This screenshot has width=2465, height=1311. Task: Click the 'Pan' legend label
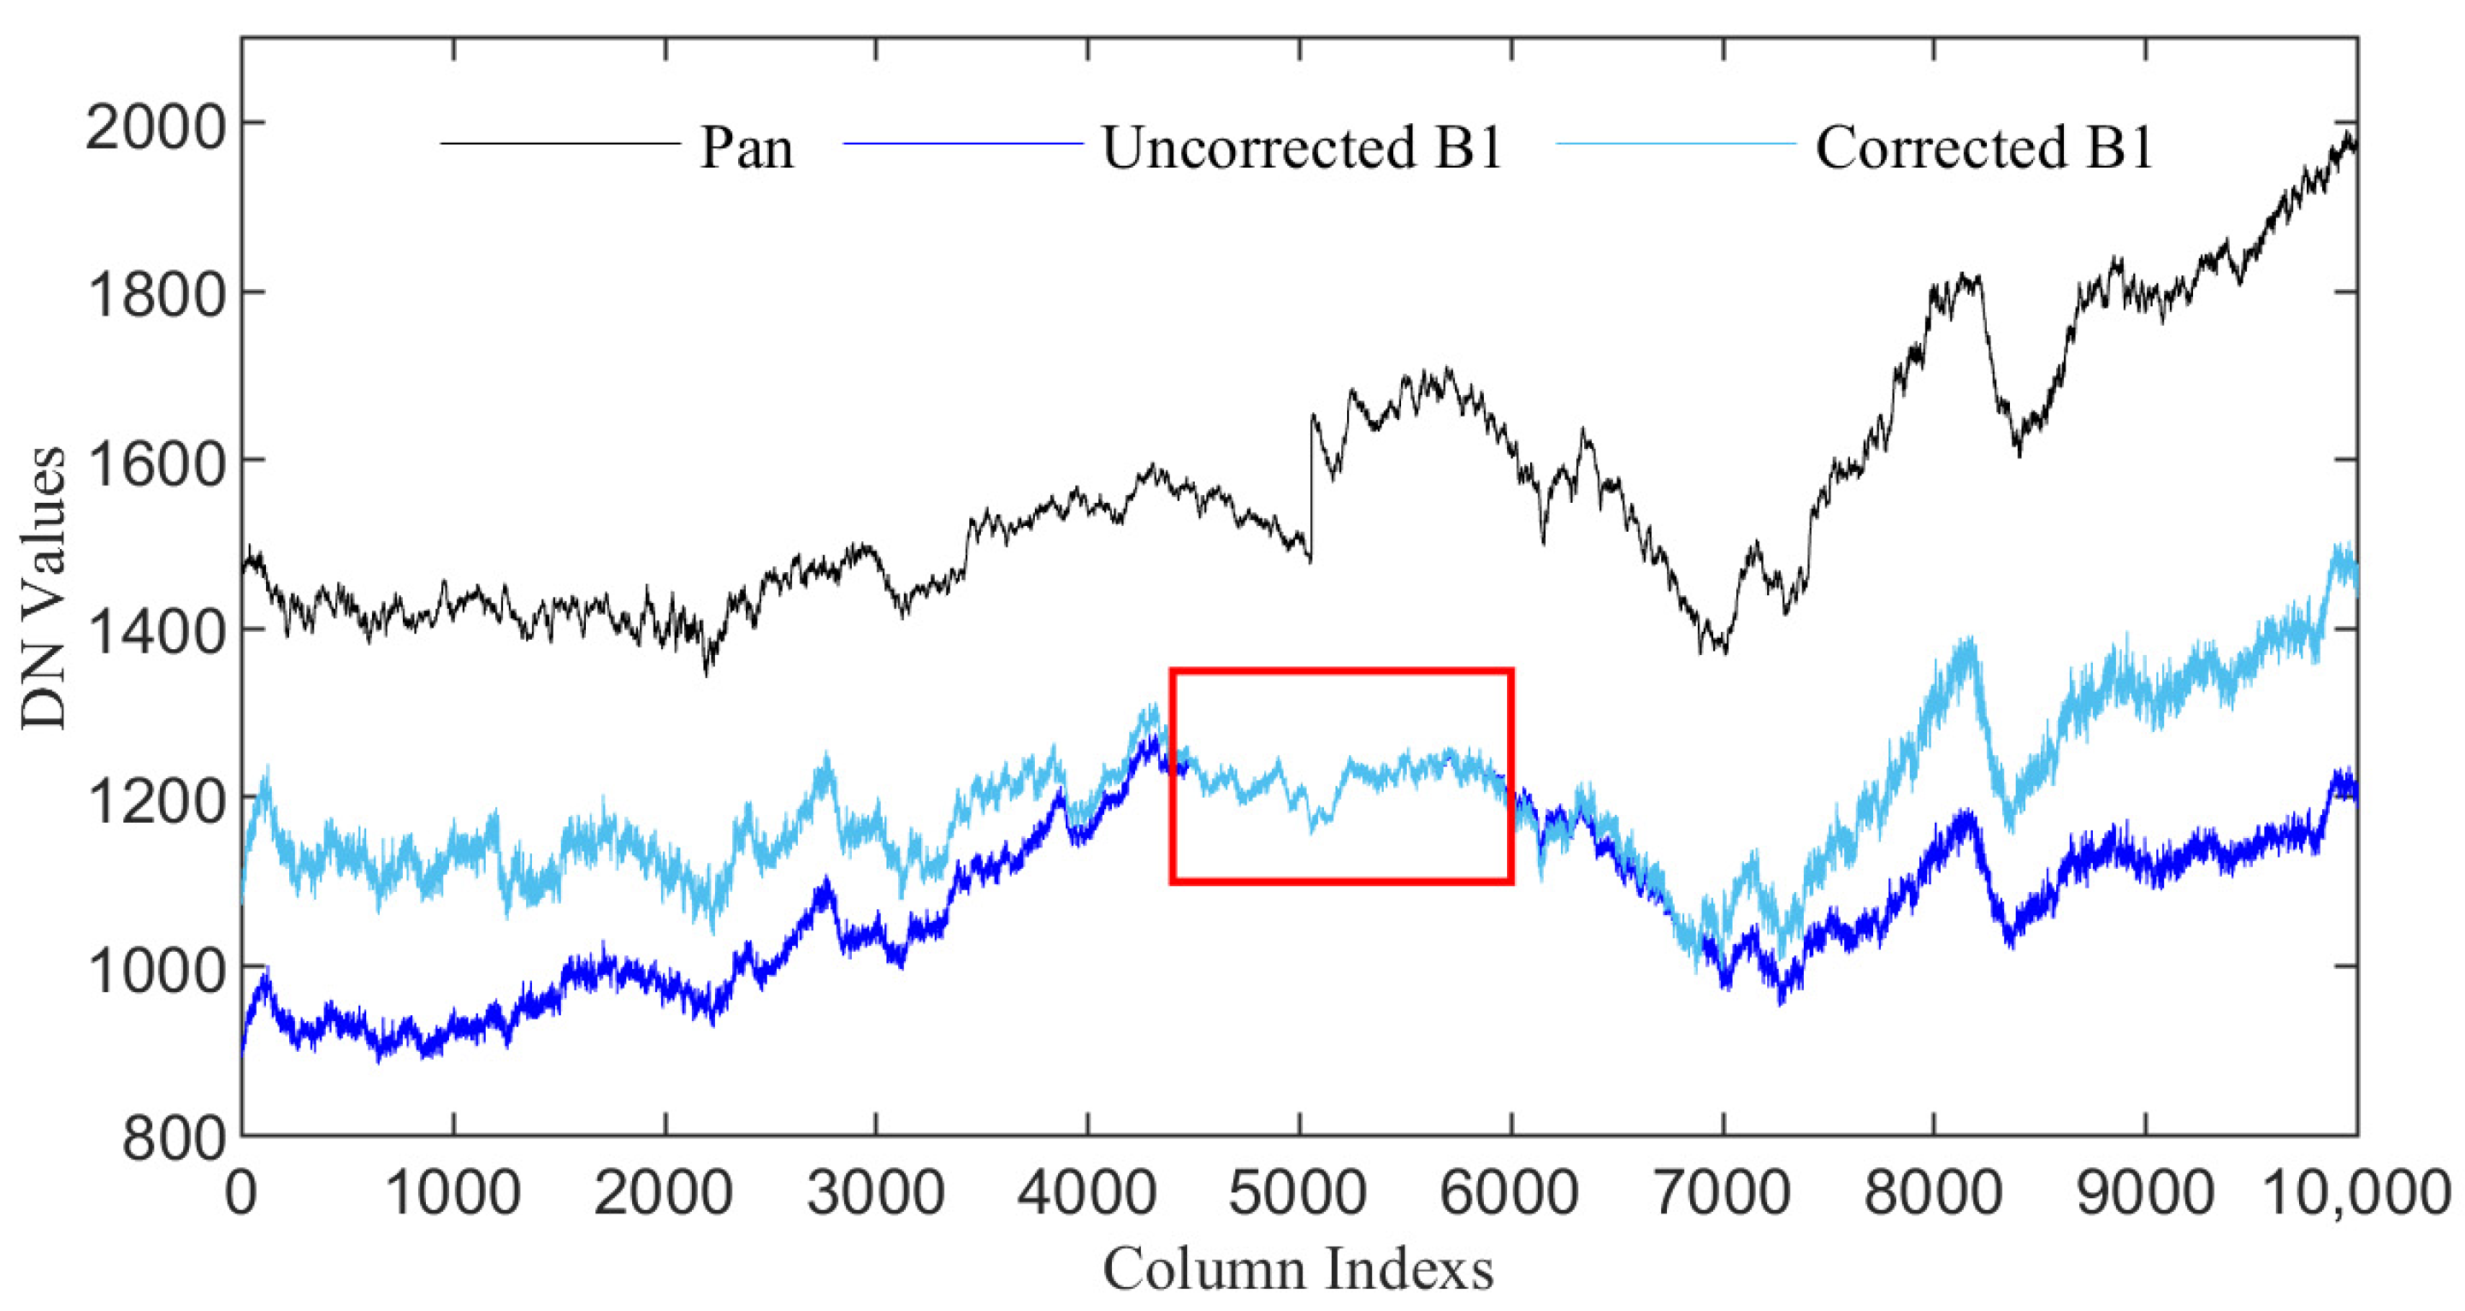coord(747,148)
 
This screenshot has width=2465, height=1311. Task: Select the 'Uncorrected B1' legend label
coord(1303,148)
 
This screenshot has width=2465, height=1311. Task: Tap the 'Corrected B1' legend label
coord(1983,148)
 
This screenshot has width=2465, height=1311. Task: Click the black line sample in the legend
coord(559,145)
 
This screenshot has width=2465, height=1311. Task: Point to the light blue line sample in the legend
coord(1676,145)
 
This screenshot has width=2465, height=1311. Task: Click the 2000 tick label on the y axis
coord(156,126)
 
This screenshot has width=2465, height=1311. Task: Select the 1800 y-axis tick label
coord(156,294)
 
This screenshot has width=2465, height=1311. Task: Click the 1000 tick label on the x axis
coord(452,1194)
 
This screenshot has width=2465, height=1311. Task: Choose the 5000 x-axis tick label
coord(1298,1194)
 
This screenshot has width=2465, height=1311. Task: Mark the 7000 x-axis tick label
coord(1723,1194)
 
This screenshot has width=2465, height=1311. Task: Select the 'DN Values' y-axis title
coord(44,588)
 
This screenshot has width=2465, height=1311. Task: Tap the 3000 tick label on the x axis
coord(876,1194)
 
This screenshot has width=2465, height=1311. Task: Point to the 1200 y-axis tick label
coord(156,800)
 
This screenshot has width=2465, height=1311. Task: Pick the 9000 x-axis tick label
coord(2145,1194)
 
